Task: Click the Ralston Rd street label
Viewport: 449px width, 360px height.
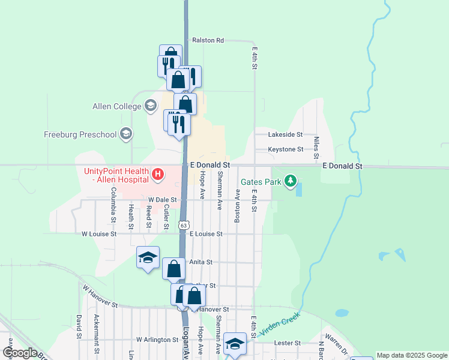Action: pyautogui.click(x=208, y=41)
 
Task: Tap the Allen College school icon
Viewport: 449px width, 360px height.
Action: pyautogui.click(x=150, y=106)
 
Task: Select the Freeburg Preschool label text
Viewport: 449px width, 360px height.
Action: pyautogui.click(x=80, y=134)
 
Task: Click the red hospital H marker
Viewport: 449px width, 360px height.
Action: pyautogui.click(x=157, y=175)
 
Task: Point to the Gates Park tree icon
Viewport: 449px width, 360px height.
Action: pyautogui.click(x=291, y=181)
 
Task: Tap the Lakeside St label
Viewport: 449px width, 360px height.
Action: pyautogui.click(x=285, y=135)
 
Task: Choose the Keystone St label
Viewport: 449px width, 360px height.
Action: pyautogui.click(x=285, y=149)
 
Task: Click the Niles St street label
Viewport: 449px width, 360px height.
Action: pyautogui.click(x=316, y=146)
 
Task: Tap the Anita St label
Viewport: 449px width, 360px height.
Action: pyautogui.click(x=201, y=262)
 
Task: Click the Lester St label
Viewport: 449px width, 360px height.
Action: pyautogui.click(x=287, y=343)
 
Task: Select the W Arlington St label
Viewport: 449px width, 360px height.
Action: pyautogui.click(x=157, y=340)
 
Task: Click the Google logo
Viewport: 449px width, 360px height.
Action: pyautogui.click(x=19, y=353)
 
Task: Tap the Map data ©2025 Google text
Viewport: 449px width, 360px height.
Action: pyautogui.click(x=412, y=355)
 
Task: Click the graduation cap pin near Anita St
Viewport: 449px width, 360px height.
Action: pyautogui.click(x=148, y=258)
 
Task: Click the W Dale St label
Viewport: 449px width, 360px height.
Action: pyautogui.click(x=162, y=200)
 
